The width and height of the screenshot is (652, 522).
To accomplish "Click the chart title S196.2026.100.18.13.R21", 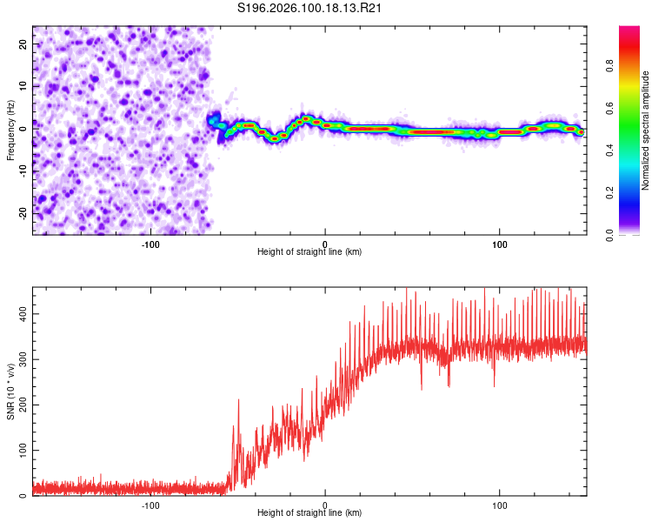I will tap(311, 9).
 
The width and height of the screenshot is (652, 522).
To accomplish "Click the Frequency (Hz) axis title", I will tap(10, 130).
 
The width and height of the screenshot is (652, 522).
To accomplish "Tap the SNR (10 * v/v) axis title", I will tap(10, 391).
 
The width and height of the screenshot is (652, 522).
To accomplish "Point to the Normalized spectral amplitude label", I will tap(646, 130).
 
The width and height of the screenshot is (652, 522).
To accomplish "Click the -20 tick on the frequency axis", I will tap(23, 212).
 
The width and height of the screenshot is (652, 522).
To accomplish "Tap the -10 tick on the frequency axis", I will tap(23, 171).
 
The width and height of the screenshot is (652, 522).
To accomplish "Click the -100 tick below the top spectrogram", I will tap(150, 243).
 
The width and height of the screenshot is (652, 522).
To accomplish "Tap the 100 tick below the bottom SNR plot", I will tap(500, 504).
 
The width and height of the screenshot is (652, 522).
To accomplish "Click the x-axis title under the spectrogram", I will tap(309, 252).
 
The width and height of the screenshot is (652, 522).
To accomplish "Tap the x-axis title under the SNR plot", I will tap(309, 513).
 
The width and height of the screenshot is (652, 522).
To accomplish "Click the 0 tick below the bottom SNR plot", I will tap(325, 504).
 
